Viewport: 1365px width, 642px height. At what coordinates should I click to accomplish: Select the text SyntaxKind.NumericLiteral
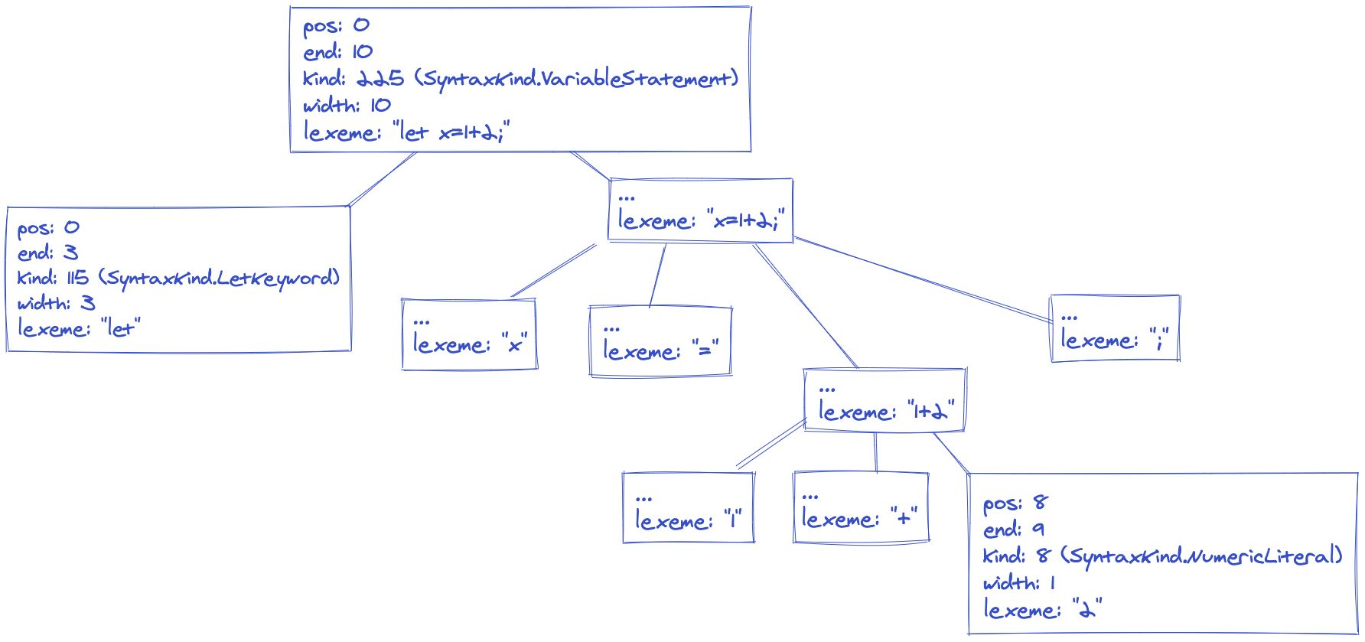tap(1201, 556)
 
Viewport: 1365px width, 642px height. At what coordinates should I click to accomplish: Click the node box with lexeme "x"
tap(469, 334)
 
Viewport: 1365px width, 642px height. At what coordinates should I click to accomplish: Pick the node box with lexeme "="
tap(660, 341)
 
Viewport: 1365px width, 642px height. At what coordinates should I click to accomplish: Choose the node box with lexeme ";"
tap(1114, 329)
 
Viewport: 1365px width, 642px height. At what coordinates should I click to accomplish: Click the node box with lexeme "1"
tap(688, 507)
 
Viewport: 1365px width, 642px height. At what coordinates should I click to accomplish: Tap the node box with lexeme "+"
tap(861, 507)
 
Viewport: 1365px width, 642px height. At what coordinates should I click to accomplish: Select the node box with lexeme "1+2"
tap(884, 400)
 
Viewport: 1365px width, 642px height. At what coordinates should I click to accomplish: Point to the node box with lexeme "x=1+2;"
tap(700, 210)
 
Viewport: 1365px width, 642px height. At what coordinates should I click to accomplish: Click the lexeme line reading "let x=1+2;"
tap(406, 132)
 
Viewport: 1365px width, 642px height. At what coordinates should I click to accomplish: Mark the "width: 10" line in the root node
tap(347, 106)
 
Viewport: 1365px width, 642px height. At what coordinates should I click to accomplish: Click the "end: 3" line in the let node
tap(47, 253)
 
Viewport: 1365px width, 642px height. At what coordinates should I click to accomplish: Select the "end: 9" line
tap(1013, 530)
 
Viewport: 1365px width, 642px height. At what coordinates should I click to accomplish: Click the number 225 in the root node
tap(380, 79)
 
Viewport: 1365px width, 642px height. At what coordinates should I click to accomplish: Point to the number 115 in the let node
tap(77, 278)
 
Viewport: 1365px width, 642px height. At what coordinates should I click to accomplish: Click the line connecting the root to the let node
tap(383, 179)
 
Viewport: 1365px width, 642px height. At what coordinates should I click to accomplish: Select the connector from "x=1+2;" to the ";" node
tap(922, 279)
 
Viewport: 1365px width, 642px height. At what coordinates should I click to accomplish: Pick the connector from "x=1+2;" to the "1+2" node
tap(806, 306)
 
